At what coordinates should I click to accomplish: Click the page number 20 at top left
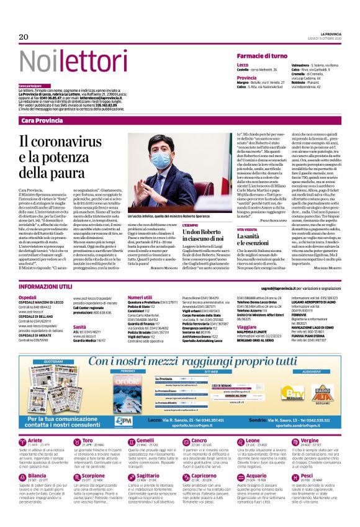tap(24, 38)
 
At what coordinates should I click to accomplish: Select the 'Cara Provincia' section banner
tap(43, 120)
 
